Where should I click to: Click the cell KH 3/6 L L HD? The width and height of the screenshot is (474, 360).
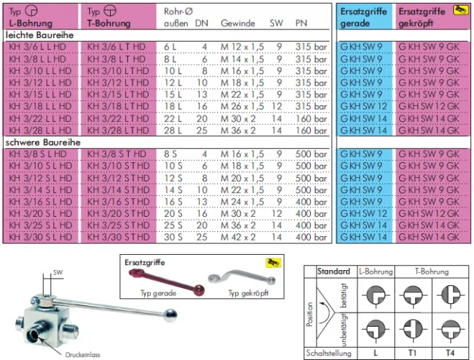[37, 47]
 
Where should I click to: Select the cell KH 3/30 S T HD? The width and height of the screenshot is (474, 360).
[118, 237]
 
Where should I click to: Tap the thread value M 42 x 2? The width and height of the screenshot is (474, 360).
[238, 237]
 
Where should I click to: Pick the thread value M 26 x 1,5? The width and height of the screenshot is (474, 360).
[242, 107]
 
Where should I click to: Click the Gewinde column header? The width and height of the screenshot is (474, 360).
[238, 23]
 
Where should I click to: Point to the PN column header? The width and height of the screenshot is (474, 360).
[301, 23]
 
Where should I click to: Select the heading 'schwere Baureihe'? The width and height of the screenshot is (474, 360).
[43, 143]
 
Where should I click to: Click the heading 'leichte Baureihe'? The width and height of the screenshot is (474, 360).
[40, 35]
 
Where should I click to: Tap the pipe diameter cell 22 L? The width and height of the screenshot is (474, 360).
[173, 119]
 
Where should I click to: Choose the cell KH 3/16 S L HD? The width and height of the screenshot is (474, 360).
[40, 202]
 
